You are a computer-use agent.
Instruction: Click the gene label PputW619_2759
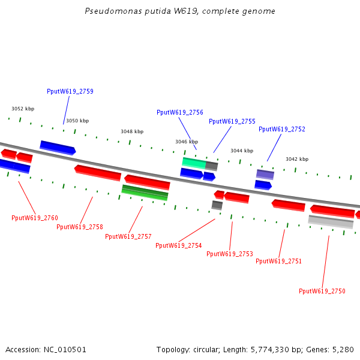tap(70, 92)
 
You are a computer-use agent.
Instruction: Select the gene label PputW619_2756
tap(180, 112)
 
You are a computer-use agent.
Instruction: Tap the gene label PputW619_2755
tap(232, 121)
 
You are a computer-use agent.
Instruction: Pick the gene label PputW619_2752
tap(282, 129)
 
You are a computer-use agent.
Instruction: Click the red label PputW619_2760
tap(35, 218)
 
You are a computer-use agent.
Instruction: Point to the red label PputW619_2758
tap(80, 227)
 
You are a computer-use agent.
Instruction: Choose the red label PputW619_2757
tap(128, 236)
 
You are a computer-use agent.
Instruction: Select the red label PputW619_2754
tap(179, 245)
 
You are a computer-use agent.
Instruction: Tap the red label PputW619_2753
tap(230, 254)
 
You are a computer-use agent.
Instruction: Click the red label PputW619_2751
tap(279, 261)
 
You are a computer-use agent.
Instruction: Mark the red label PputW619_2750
tap(322, 291)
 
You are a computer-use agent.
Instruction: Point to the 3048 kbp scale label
tap(132, 131)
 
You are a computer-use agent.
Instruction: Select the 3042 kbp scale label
tap(297, 159)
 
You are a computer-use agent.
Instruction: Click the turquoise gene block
tap(194, 162)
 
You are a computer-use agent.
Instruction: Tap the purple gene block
tap(265, 175)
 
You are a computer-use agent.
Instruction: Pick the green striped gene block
tap(145, 193)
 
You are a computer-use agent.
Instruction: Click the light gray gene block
tap(331, 222)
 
